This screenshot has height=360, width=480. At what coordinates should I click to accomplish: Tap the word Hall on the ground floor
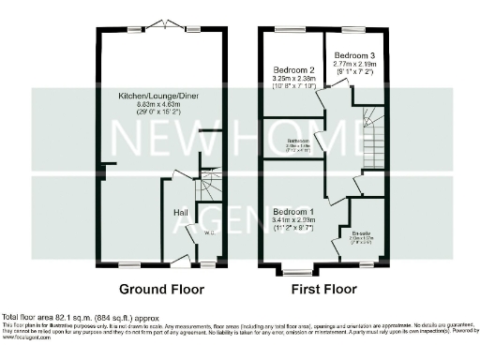pos(181,213)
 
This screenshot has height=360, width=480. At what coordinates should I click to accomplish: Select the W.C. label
pos(210,233)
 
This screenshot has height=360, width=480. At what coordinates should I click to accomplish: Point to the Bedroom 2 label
pos(292,69)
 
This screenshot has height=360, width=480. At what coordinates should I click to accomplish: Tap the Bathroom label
pos(298,141)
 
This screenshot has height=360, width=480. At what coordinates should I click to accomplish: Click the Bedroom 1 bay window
pos(298,272)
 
